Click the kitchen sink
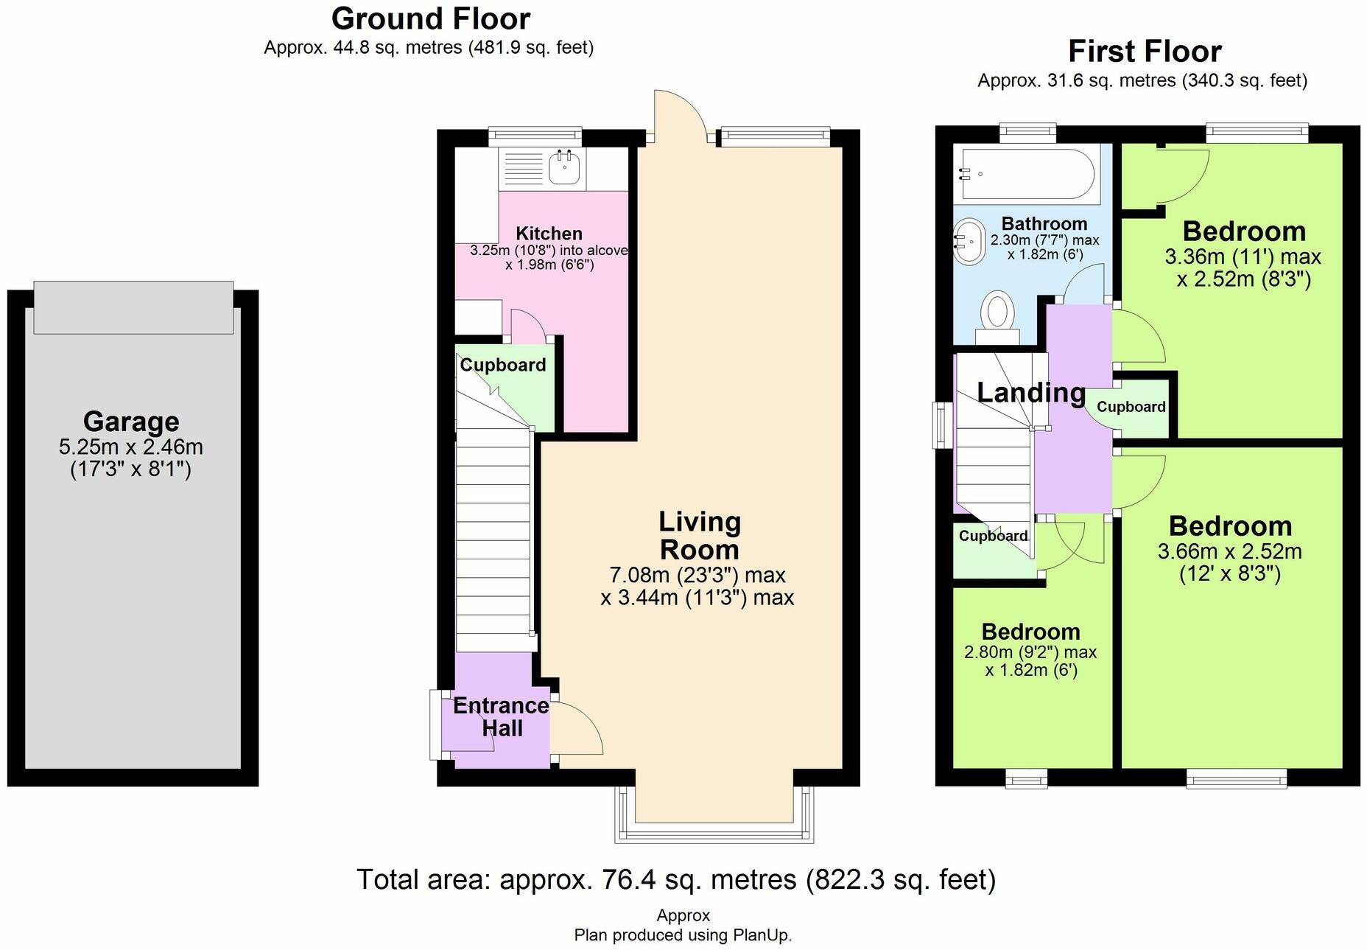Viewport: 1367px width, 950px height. click(x=564, y=167)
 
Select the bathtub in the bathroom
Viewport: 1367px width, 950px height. click(x=1025, y=174)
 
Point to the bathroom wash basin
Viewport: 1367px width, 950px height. click(x=969, y=241)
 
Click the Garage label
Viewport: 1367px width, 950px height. click(x=131, y=421)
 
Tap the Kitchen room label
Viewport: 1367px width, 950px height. click(x=549, y=233)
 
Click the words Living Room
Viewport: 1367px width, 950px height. click(x=700, y=536)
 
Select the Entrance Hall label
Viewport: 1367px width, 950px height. click(x=501, y=716)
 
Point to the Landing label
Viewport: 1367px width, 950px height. click(x=1031, y=392)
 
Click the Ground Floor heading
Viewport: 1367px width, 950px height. click(x=431, y=18)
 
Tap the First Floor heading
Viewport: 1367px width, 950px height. click(x=1145, y=52)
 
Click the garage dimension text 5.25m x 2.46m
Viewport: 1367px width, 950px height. click(x=131, y=447)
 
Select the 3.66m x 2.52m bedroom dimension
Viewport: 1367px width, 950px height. click(x=1229, y=551)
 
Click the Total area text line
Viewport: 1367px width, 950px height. click(x=676, y=879)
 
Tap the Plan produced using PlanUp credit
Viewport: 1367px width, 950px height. click(x=683, y=935)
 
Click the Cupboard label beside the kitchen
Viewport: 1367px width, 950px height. click(x=503, y=365)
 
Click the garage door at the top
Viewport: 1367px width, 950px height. click(x=133, y=307)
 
